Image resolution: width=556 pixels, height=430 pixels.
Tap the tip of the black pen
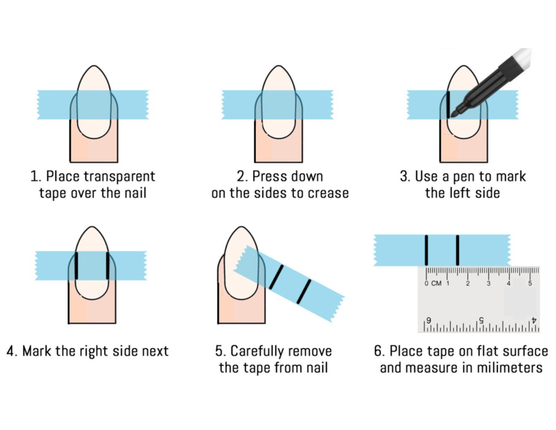[453, 115]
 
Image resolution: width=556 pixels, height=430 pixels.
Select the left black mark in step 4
[77, 266]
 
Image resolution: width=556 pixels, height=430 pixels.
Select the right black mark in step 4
[108, 266]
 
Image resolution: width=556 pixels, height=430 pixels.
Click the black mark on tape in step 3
[448, 105]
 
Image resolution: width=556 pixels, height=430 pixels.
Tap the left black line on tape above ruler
[427, 250]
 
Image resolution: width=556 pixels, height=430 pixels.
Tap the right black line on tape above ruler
[458, 250]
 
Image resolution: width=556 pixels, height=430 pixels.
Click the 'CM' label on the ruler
[436, 284]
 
